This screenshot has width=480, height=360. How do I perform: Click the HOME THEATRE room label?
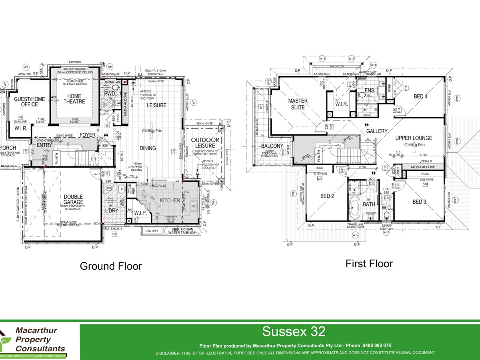coord(74,99)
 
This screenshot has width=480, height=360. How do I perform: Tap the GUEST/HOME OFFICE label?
coord(26,102)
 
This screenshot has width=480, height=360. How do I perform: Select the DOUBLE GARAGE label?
coord(73,199)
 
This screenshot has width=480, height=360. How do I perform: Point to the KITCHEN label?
coord(170,200)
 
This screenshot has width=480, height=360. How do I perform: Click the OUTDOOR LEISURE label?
coord(203,142)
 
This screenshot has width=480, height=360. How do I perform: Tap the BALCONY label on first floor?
coord(272,146)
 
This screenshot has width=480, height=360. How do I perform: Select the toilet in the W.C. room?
coord(386,216)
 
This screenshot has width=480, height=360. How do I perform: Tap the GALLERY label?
coord(377,131)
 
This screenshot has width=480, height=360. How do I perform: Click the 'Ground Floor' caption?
coord(111,266)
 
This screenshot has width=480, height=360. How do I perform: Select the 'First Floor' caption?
coord(369,264)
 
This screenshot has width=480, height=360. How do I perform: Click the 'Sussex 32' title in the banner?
coord(294,332)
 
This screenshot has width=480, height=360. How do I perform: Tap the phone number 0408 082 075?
coord(376,345)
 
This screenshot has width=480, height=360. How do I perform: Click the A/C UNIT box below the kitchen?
coord(152,231)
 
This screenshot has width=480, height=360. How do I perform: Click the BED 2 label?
coord(327,196)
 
